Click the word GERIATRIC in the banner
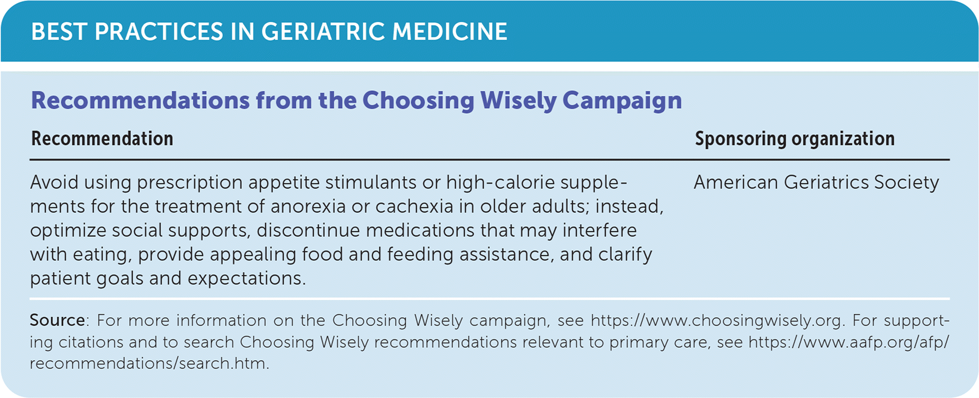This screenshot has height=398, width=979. pos(323,32)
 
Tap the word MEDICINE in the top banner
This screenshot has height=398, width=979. pos(450,32)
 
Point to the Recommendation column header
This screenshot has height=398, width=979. pos(102,139)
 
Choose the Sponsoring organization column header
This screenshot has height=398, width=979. pos(795,139)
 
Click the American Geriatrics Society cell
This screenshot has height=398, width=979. pos(816,182)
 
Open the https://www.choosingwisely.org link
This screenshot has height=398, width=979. pos(716,321)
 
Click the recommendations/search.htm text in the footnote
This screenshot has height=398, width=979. pos(149,363)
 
